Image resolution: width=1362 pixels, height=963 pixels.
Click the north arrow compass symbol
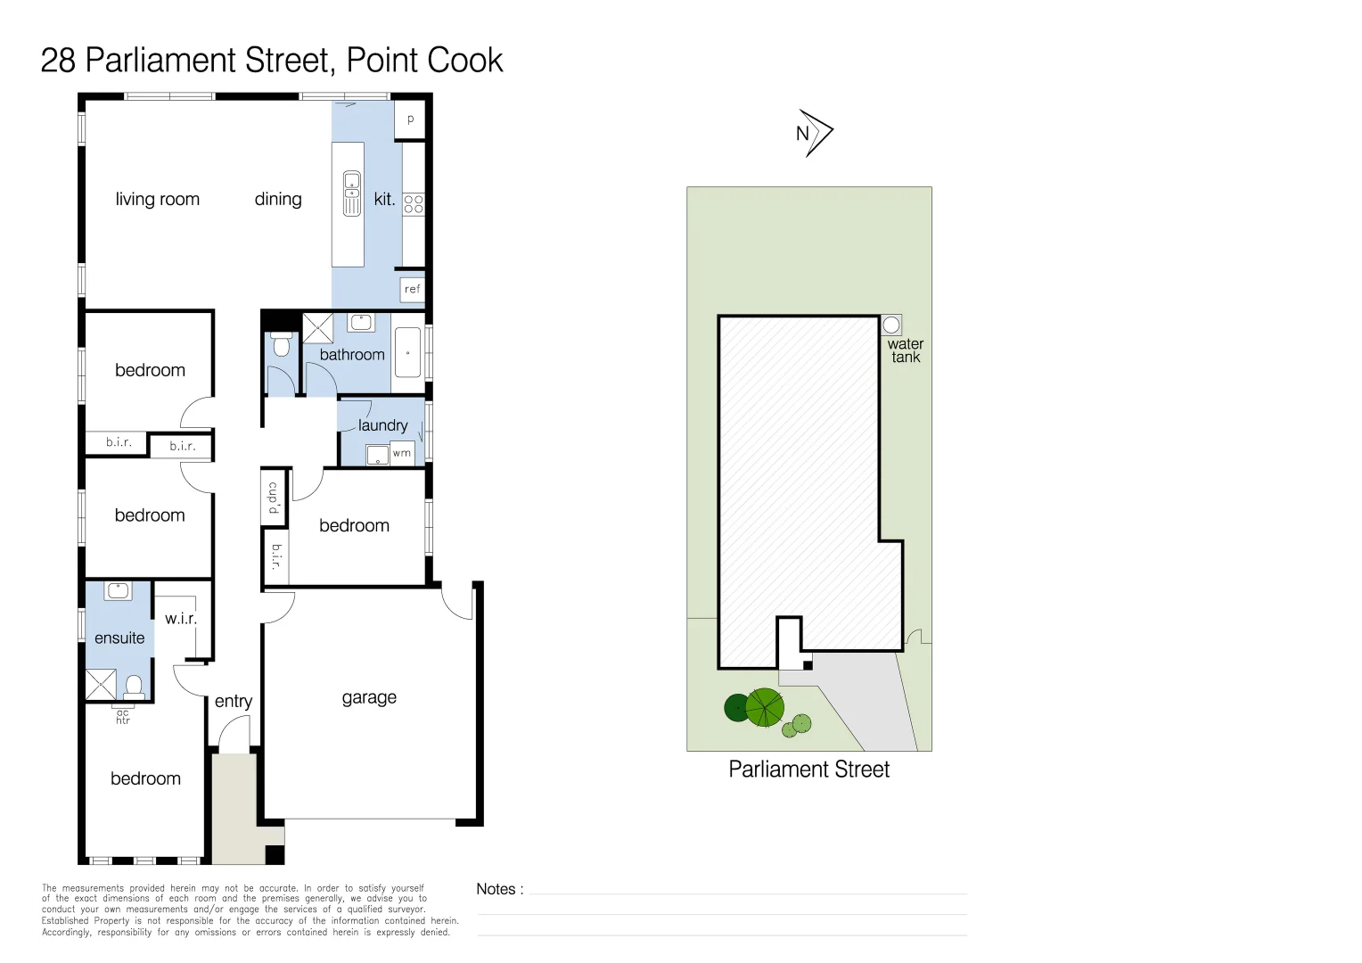click(814, 133)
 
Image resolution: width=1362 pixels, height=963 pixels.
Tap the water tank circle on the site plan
click(891, 325)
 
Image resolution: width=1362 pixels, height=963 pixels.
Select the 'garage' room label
click(369, 697)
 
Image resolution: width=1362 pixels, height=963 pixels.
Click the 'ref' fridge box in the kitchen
click(412, 289)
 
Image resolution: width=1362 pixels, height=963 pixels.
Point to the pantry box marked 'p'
click(410, 119)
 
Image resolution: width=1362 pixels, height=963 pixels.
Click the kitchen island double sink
click(352, 193)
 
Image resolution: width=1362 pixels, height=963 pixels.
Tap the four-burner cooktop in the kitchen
click(413, 203)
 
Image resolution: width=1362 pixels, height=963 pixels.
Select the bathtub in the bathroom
click(407, 352)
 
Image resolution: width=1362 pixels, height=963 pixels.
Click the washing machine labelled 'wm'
click(402, 453)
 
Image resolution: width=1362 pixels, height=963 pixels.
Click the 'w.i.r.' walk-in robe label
click(181, 618)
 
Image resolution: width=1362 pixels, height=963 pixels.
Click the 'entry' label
click(234, 702)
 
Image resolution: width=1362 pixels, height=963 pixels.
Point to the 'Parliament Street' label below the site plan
click(808, 770)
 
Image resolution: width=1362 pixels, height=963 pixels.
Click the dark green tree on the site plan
click(737, 708)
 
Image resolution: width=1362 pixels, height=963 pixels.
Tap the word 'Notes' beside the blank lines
click(496, 889)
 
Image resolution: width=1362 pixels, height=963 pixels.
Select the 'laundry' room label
click(383, 425)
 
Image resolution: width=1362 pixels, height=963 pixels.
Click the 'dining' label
click(278, 199)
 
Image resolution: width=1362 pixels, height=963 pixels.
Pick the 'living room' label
click(158, 199)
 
